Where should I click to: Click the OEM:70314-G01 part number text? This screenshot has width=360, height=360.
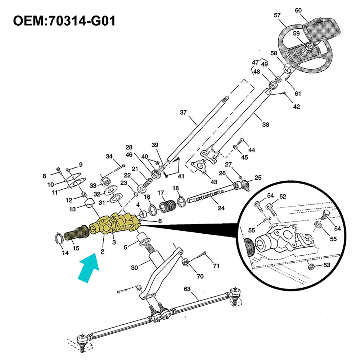(x=64, y=21)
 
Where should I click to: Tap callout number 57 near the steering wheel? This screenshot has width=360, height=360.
(x=277, y=15)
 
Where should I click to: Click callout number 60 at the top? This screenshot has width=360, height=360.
(x=298, y=10)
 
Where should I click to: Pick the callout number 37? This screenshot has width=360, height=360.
(x=184, y=113)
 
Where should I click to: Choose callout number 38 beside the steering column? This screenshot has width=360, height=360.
(x=266, y=125)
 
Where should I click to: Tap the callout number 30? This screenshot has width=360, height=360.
(x=134, y=267)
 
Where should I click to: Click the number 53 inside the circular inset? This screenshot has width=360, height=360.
(x=326, y=265)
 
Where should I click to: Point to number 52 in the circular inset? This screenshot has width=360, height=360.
(x=283, y=197)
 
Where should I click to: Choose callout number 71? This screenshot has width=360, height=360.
(x=216, y=266)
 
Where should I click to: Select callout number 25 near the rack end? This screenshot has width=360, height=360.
(x=258, y=177)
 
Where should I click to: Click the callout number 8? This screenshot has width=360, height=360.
(x=44, y=176)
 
